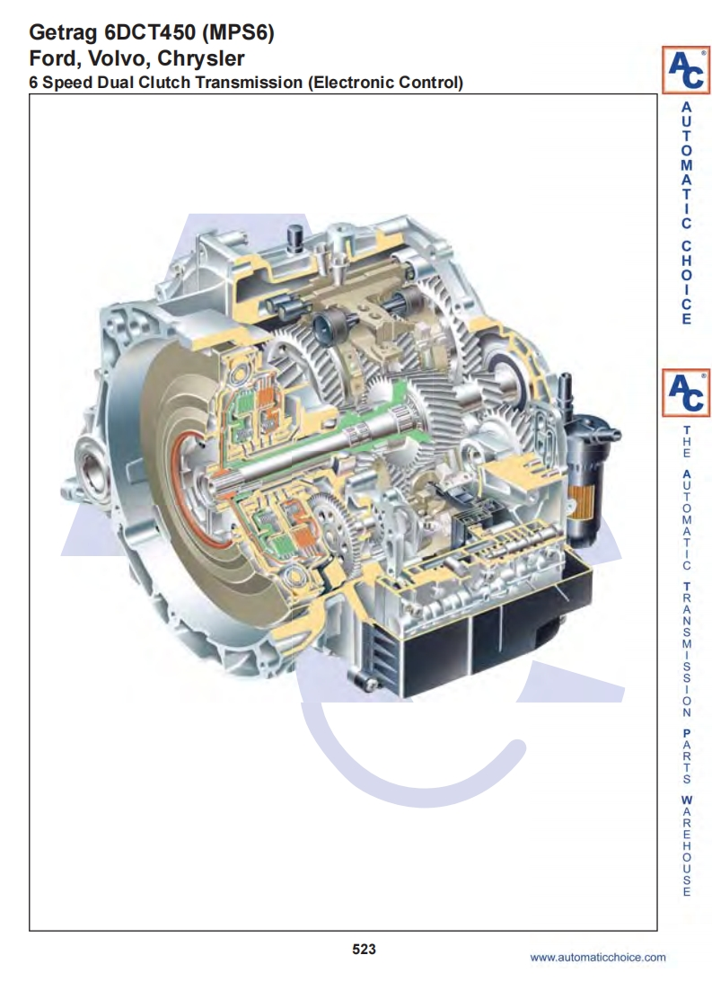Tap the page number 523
pyautogui.click(x=364, y=949)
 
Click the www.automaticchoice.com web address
pyautogui.click(x=598, y=957)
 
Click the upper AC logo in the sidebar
pyautogui.click(x=686, y=69)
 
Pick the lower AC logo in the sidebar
pyautogui.click(x=686, y=393)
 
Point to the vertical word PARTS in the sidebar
pyautogui.click(x=687, y=756)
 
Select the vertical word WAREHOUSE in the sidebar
pyautogui.click(x=687, y=845)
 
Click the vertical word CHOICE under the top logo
pyautogui.click(x=687, y=283)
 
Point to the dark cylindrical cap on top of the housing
pyautogui.click(x=296, y=235)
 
